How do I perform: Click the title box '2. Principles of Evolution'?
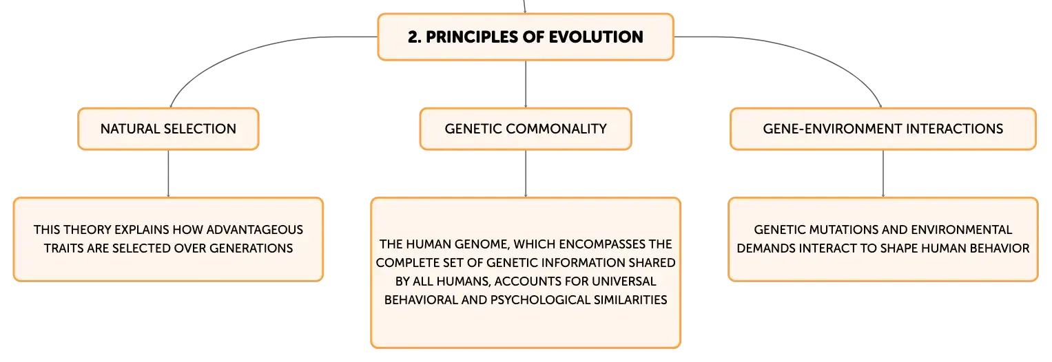[x=526, y=36]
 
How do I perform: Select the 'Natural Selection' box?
[x=168, y=129]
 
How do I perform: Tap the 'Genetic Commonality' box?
[x=526, y=129]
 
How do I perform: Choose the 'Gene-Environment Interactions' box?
[x=883, y=129]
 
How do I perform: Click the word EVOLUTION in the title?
[x=596, y=36]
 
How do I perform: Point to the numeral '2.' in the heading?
[x=414, y=36]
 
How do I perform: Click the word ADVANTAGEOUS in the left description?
[x=254, y=229]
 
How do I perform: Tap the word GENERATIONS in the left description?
[x=251, y=248]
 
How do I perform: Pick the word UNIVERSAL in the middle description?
[x=623, y=281]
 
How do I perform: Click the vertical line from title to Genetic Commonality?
[x=526, y=85]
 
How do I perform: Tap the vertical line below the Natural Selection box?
[x=168, y=173]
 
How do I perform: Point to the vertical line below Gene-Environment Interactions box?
[x=883, y=173]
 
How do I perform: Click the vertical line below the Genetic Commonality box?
[x=526, y=173]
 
